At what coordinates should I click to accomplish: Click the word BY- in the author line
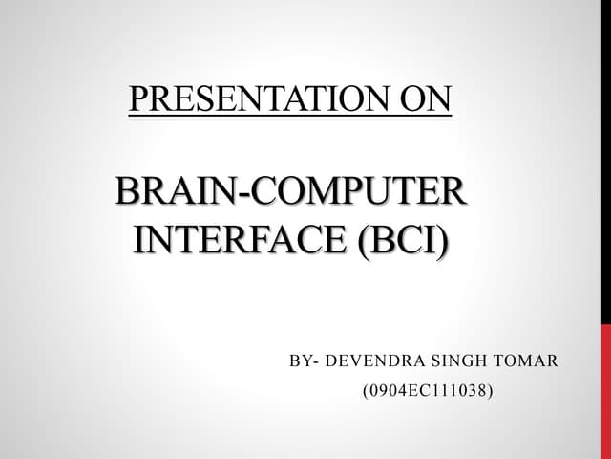point(304,361)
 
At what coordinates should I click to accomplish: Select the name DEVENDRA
point(369,361)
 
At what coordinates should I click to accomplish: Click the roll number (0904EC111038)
point(427,391)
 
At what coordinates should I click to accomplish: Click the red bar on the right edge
point(606,392)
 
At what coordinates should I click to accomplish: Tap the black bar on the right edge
point(606,163)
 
